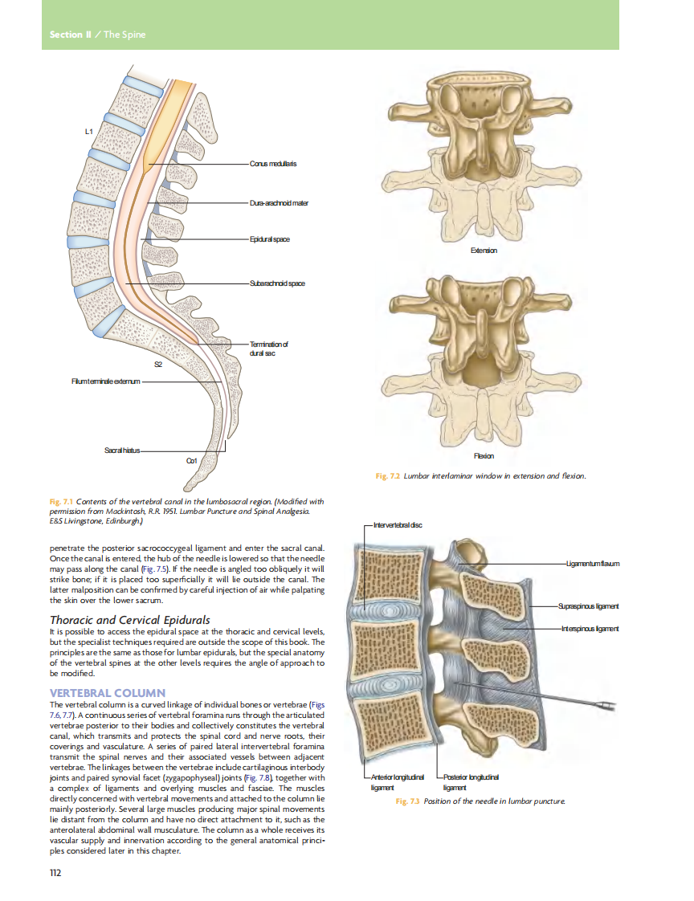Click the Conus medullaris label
(x=274, y=164)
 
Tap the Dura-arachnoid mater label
(x=279, y=203)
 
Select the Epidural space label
(x=269, y=239)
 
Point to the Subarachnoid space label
(x=277, y=283)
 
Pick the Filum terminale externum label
(x=105, y=381)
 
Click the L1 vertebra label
(x=88, y=130)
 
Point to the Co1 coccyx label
(x=192, y=460)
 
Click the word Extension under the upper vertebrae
(x=483, y=251)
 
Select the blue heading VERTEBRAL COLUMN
(x=108, y=692)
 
